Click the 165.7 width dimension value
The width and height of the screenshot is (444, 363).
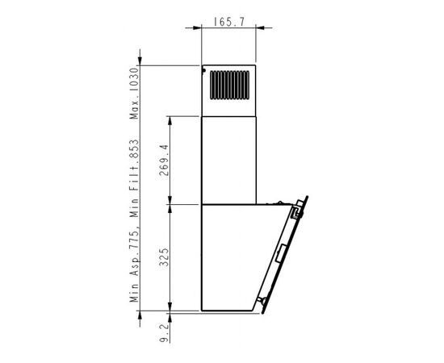(x=228, y=22)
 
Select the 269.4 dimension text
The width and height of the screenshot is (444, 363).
(x=164, y=161)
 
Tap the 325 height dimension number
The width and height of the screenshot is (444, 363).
(x=164, y=257)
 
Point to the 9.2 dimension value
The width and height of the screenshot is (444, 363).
(x=164, y=332)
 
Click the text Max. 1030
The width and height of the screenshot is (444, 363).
(x=134, y=94)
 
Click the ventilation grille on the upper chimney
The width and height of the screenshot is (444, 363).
(x=229, y=86)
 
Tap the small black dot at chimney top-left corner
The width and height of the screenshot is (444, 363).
(x=203, y=70)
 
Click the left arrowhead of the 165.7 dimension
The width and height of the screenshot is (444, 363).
(x=197, y=28)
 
